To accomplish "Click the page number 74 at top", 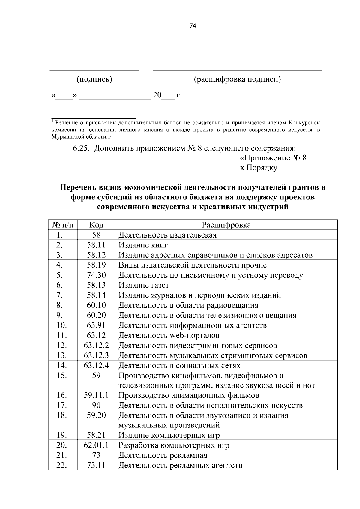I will [193, 26].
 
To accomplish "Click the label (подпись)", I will [94, 79].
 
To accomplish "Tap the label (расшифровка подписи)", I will [237, 79].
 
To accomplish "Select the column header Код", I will [96, 225].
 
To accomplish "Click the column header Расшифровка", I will [226, 225].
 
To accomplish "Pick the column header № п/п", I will [63, 225].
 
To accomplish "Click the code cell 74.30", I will [96, 275].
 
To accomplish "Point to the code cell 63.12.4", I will [96, 365].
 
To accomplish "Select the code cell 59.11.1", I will [96, 395].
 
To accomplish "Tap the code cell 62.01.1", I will [96, 445].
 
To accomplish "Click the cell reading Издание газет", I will [144, 285].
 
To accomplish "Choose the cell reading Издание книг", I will [143, 245].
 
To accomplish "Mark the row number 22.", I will [61, 465].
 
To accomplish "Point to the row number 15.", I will [61, 375].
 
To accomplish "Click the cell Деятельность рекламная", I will [163, 455].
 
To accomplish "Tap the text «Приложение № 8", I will [273, 158].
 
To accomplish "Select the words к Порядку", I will [258, 168].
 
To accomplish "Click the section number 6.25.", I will [81, 148].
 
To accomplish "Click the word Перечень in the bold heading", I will [78, 187].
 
